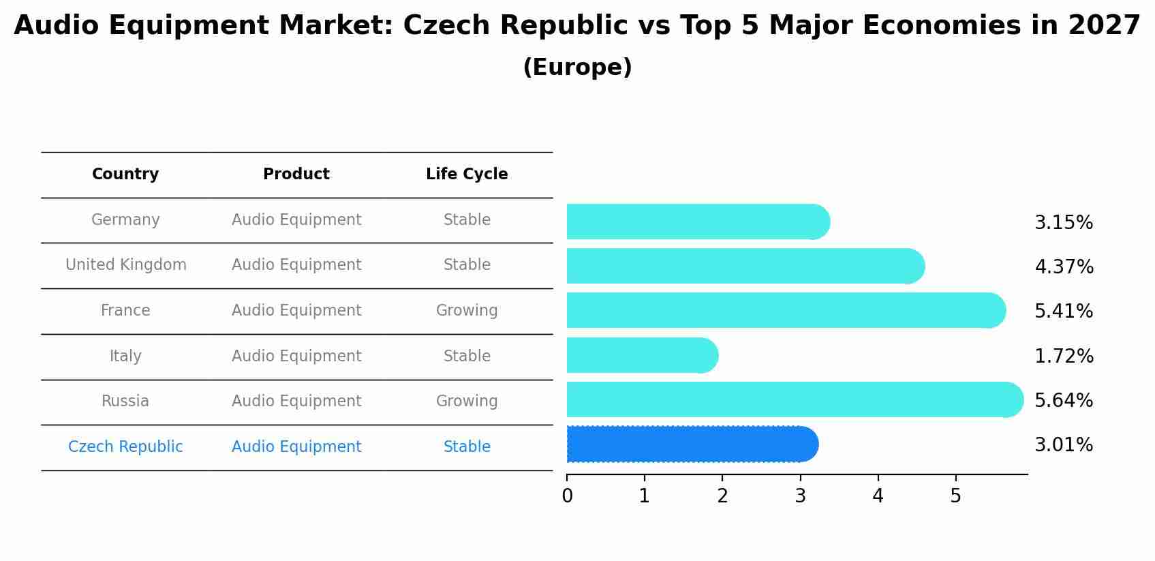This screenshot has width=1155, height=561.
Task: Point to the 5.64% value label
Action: point(1064,400)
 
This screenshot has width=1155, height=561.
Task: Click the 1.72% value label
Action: point(1064,356)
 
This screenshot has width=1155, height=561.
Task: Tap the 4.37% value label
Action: point(1064,267)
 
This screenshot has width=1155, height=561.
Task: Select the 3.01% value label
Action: point(1064,445)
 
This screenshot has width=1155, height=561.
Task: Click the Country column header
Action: point(125,175)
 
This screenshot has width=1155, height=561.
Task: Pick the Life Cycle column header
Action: point(467,175)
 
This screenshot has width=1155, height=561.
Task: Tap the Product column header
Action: point(296,175)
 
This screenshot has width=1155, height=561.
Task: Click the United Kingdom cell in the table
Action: point(126,265)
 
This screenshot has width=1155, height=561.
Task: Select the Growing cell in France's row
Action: point(467,311)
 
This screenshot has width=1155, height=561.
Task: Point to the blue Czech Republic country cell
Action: point(125,447)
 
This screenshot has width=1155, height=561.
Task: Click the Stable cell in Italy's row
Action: point(467,357)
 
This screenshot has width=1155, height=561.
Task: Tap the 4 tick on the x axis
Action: point(878,496)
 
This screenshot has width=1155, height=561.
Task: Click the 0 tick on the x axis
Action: point(567,496)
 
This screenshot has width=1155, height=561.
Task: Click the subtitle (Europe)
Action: point(577,67)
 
